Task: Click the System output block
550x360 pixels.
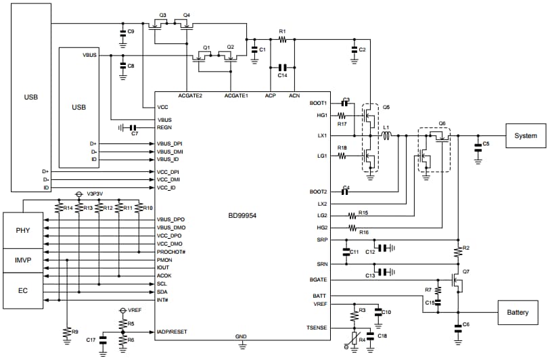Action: [526, 136]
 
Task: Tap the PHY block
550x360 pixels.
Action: [22, 230]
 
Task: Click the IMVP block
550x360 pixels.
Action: [22, 260]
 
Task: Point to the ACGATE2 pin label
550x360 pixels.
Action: [190, 96]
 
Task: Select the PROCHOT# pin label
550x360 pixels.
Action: [171, 252]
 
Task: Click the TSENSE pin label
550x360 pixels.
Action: [316, 328]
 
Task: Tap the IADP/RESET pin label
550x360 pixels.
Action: [173, 332]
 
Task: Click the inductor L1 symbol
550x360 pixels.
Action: [388, 136]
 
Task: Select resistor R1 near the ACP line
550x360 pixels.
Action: [283, 40]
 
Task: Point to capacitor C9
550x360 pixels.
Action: [122, 32]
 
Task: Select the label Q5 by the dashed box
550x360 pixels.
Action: [386, 107]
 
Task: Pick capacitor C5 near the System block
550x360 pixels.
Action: [478, 145]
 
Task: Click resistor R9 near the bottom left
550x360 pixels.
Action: [66, 332]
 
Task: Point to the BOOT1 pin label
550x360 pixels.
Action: [318, 104]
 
